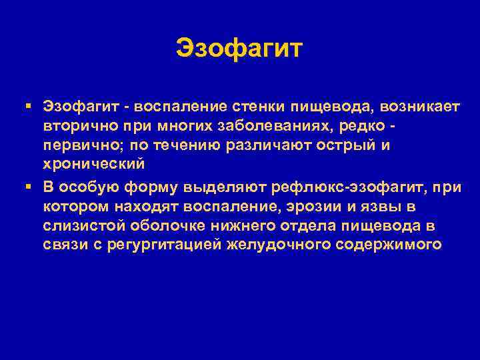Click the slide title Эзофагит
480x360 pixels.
(x=240, y=49)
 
